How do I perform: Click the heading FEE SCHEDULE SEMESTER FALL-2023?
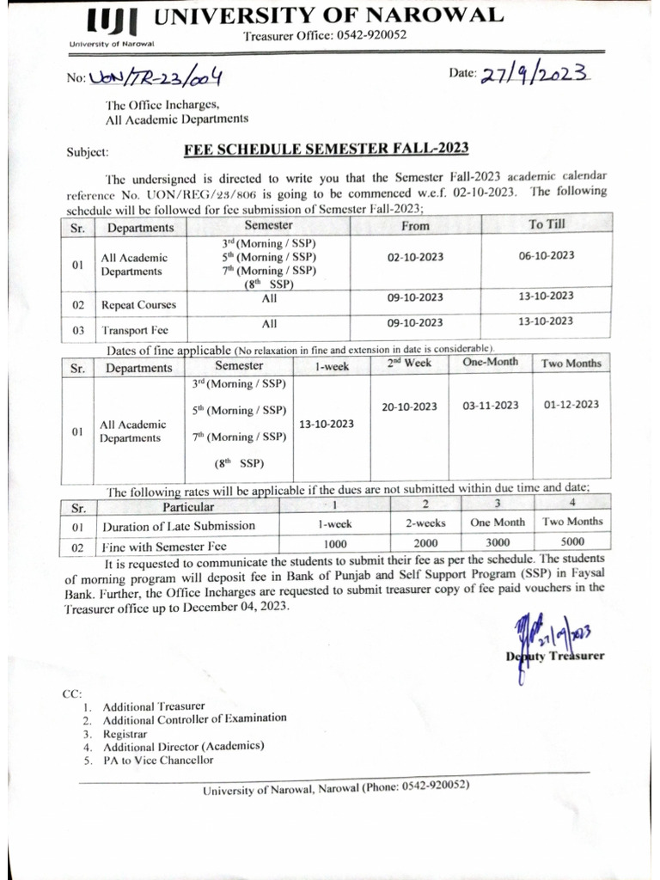coord(326,148)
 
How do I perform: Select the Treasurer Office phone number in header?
coord(325,35)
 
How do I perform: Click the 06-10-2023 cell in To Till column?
coord(547,256)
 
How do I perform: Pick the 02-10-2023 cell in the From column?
coord(415,256)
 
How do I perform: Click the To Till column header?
coord(547,224)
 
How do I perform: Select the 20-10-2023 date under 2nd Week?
coord(409,406)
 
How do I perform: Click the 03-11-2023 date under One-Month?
coord(491,406)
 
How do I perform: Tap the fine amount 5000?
coord(572,543)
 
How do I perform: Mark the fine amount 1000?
coord(335,544)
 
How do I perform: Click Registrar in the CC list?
coord(125,735)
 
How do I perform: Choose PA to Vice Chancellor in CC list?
coord(158,760)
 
